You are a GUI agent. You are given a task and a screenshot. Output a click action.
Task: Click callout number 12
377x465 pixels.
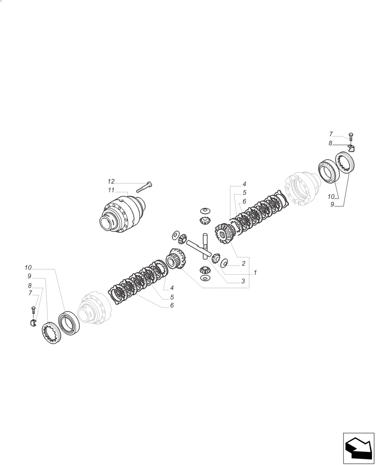pyautogui.click(x=111, y=181)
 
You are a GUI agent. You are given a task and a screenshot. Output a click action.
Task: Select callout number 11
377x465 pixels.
pyautogui.click(x=111, y=191)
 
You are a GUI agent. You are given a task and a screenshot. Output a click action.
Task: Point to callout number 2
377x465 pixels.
pyautogui.click(x=243, y=264)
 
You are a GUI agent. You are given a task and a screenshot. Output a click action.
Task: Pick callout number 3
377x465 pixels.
pyautogui.click(x=243, y=281)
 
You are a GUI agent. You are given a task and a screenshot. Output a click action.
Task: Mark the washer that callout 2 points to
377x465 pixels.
pyautogui.click(x=224, y=263)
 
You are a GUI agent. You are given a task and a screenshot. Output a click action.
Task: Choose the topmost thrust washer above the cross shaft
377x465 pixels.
pyautogui.click(x=203, y=210)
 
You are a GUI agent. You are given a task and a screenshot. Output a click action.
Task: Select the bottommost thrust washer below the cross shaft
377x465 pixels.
pyautogui.click(x=204, y=278)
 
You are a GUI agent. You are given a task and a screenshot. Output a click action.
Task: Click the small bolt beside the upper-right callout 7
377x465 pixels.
pyautogui.click(x=350, y=136)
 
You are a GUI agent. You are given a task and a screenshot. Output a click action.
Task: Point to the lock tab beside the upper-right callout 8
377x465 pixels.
pyautogui.click(x=351, y=148)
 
